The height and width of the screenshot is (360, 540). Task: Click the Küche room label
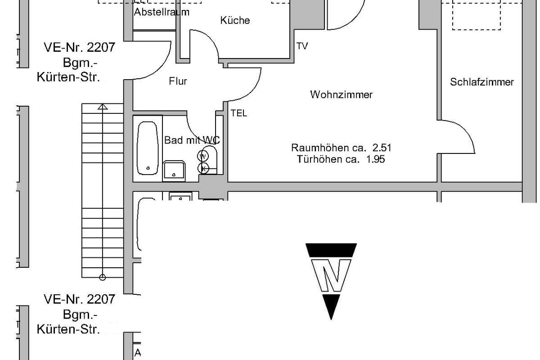click(235, 20)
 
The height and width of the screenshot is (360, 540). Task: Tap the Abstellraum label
click(162, 12)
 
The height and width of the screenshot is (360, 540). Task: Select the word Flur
click(178, 81)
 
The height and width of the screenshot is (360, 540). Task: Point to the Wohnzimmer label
click(341, 94)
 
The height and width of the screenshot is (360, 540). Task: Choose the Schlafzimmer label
click(482, 82)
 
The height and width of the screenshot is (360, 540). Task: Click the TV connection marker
click(302, 46)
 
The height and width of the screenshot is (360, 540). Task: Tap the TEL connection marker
click(238, 113)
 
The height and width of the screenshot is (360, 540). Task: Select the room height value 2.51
click(382, 148)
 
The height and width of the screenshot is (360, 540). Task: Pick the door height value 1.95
click(375, 159)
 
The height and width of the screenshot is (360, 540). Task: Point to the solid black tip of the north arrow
click(331, 319)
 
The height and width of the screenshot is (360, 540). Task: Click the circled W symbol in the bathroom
click(203, 156)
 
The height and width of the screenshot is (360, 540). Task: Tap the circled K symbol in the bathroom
click(203, 168)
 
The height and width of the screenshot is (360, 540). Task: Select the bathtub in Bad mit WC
click(148, 148)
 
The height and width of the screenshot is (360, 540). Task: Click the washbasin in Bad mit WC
click(174, 171)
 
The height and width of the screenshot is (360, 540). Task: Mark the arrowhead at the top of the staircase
click(103, 106)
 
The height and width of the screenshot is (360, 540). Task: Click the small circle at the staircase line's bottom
click(103, 278)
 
